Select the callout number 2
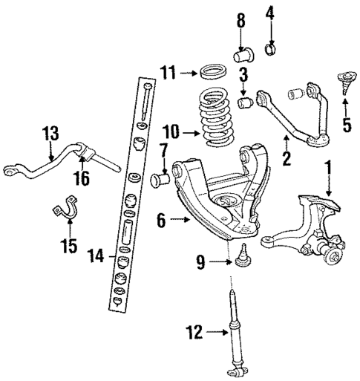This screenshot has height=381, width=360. pos(286,158)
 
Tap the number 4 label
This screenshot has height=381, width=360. pos(271,12)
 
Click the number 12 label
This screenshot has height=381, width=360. pos(194,334)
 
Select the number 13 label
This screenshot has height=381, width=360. pos(49,134)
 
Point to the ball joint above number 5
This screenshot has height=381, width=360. pos(346,78)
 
